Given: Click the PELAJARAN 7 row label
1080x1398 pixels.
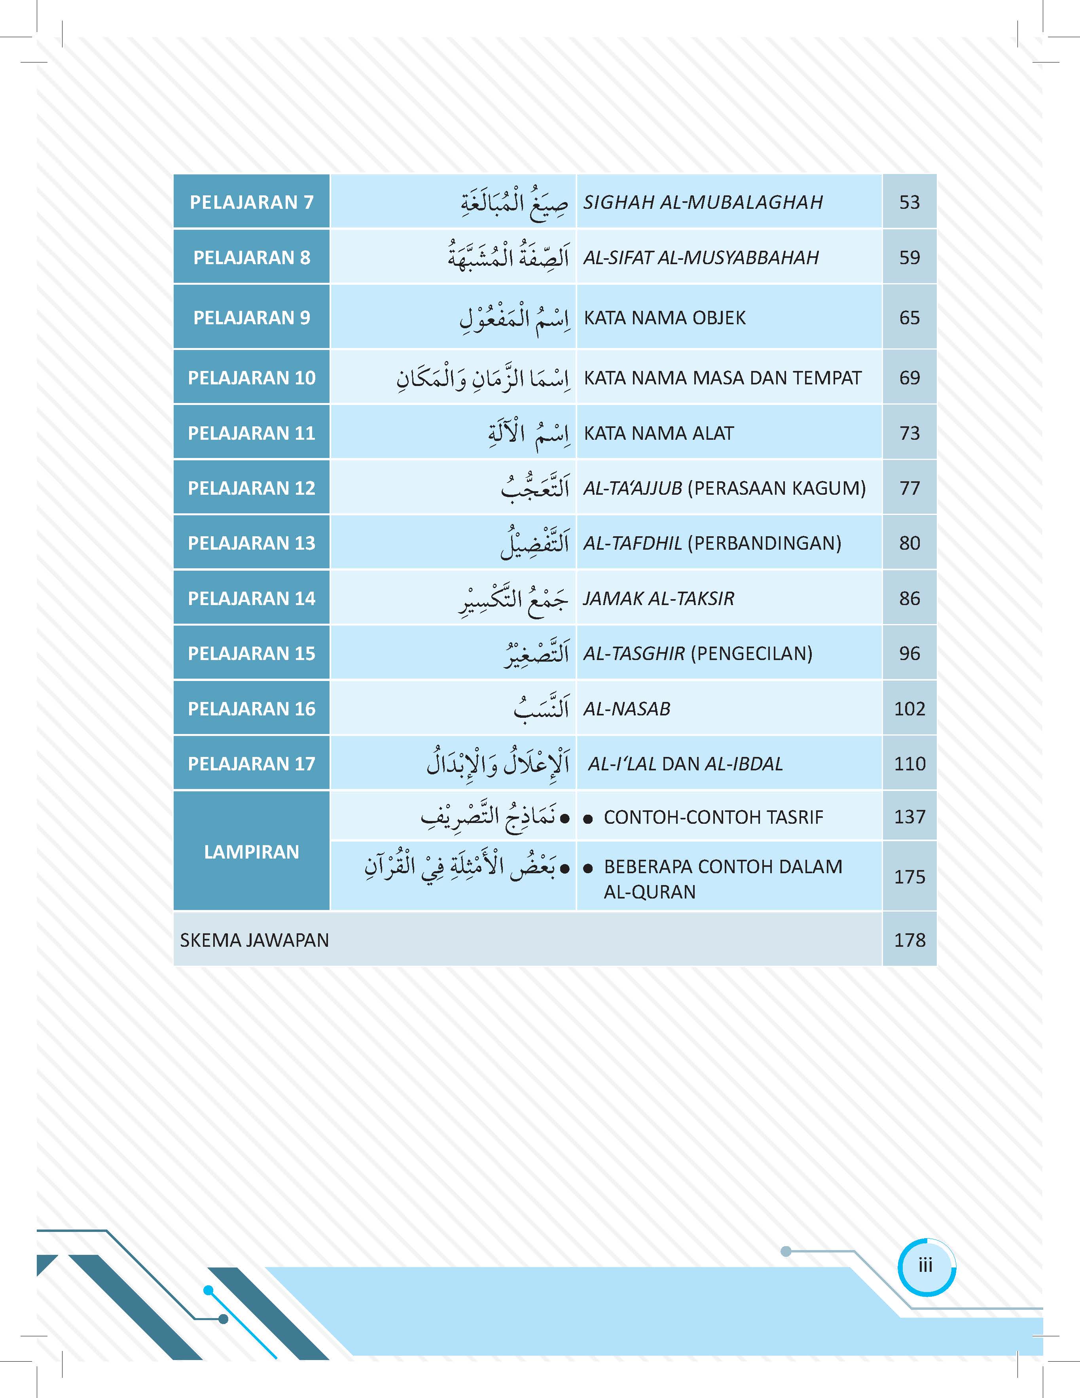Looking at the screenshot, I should (252, 202).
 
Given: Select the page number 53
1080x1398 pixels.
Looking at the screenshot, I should (909, 202).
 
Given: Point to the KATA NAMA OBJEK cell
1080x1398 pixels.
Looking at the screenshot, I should (665, 318).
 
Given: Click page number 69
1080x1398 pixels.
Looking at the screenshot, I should (909, 378).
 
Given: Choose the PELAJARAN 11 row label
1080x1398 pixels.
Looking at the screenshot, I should (252, 433).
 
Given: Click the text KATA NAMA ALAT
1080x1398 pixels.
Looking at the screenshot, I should (659, 433).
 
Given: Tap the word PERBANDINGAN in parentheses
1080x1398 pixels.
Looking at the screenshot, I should (764, 543).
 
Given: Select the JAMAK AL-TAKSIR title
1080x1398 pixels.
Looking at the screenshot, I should (659, 598).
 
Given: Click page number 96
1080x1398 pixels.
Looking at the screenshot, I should (909, 654).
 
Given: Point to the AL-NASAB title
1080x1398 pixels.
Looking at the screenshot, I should (627, 709).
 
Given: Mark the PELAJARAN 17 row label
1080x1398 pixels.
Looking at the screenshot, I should (252, 764).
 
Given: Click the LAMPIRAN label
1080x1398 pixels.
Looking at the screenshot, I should (252, 852).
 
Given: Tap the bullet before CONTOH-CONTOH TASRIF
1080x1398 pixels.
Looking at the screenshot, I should (588, 819).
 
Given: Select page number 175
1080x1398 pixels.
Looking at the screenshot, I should (909, 877).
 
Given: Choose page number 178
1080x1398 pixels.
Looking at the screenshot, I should (909, 940).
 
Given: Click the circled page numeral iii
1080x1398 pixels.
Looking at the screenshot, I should (926, 1266).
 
